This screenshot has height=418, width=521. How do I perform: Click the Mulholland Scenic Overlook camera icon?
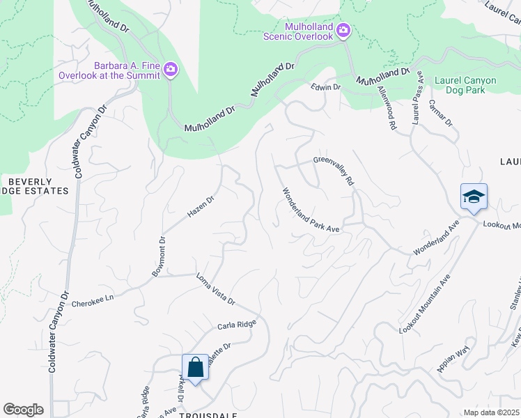pyautogui.click(x=343, y=31)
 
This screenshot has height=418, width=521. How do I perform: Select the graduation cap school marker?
pyautogui.click(x=474, y=197)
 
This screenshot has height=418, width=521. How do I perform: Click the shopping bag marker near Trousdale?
pyautogui.click(x=195, y=367)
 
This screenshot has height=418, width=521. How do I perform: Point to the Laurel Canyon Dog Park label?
pyautogui.click(x=465, y=86)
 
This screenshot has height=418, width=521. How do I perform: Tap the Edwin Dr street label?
pyautogui.click(x=326, y=88)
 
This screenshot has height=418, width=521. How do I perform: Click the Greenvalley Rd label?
pyautogui.click(x=335, y=170)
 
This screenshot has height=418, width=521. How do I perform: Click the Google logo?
pyautogui.click(x=23, y=410)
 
